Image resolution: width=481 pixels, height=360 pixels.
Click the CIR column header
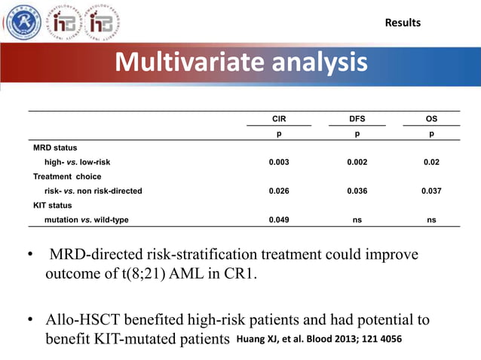(x=278, y=119)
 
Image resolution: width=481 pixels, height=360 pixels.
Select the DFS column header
(x=357, y=119)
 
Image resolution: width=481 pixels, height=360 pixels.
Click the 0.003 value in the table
(x=279, y=162)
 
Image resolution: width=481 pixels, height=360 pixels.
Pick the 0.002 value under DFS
(x=357, y=162)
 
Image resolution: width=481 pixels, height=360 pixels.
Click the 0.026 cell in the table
(x=279, y=191)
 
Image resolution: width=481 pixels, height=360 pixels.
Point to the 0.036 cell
(x=357, y=191)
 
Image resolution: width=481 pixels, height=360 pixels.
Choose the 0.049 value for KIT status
(x=279, y=220)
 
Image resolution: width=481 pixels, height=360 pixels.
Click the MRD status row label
(x=55, y=148)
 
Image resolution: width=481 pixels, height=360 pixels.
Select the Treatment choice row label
(x=67, y=176)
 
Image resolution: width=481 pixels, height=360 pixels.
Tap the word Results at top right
(x=403, y=23)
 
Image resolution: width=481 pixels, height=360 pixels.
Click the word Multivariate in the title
(x=182, y=63)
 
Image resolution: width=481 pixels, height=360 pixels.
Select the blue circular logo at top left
(x=23, y=22)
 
